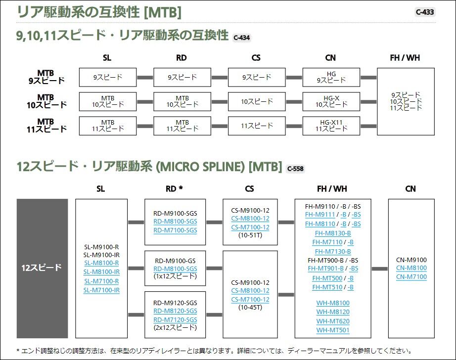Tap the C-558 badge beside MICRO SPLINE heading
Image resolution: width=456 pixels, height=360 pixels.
(296, 168)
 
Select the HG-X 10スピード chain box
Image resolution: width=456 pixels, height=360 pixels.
(331, 101)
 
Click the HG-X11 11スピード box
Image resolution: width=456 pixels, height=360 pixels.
(331, 125)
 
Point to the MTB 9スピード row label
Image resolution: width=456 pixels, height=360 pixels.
(46, 77)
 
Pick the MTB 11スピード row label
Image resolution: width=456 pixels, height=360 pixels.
(46, 125)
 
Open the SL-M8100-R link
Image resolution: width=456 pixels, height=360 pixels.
(101, 263)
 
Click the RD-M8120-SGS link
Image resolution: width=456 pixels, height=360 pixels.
(175, 311)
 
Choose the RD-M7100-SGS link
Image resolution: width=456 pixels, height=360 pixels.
(175, 230)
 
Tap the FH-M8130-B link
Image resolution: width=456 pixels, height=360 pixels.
(331, 233)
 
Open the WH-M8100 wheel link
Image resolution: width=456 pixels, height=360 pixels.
(333, 303)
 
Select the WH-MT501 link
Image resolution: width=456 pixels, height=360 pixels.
(333, 330)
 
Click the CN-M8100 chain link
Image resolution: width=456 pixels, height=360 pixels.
(411, 268)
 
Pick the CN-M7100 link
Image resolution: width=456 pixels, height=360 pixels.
(411, 277)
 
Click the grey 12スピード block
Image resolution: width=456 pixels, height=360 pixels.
(42, 268)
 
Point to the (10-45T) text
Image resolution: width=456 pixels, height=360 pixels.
(250, 308)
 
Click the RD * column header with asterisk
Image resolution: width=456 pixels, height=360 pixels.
(174, 189)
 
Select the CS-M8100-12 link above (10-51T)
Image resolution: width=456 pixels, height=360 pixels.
(250, 219)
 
